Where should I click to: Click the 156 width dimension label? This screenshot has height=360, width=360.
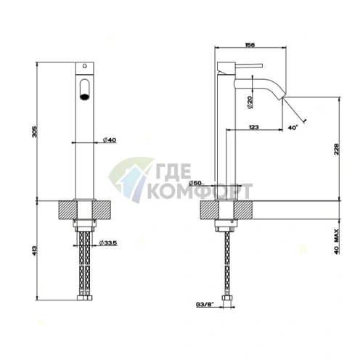pyautogui.click(x=250, y=45)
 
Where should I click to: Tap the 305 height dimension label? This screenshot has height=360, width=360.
pyautogui.click(x=35, y=131)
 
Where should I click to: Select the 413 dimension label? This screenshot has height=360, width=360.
pyautogui.click(x=34, y=251)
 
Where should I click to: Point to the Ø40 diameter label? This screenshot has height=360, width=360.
pyautogui.click(x=109, y=140)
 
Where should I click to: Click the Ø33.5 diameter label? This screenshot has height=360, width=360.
pyautogui.click(x=108, y=242)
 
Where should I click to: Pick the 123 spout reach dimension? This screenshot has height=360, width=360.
pyautogui.click(x=253, y=127)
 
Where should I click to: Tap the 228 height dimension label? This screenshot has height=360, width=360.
pyautogui.click(x=337, y=150)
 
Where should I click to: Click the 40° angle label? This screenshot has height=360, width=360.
pyautogui.click(x=292, y=128)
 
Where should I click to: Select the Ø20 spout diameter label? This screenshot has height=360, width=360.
pyautogui.click(x=250, y=102)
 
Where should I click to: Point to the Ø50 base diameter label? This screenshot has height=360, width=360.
pyautogui.click(x=195, y=183)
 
